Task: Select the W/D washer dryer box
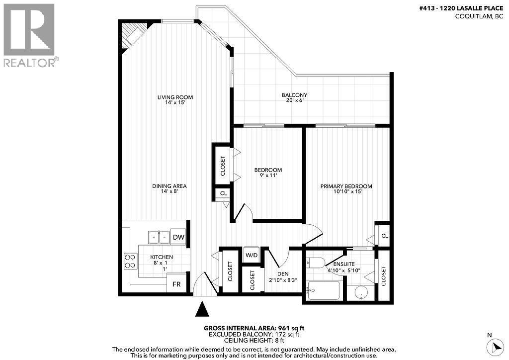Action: coord(252,256)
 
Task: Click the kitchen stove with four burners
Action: coord(131,261)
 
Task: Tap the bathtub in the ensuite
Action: coord(324,290)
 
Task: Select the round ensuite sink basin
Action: coord(361,294)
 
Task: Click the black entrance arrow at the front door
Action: coord(202,309)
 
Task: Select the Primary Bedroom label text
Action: coord(346,189)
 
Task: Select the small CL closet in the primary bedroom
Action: coord(383,236)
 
